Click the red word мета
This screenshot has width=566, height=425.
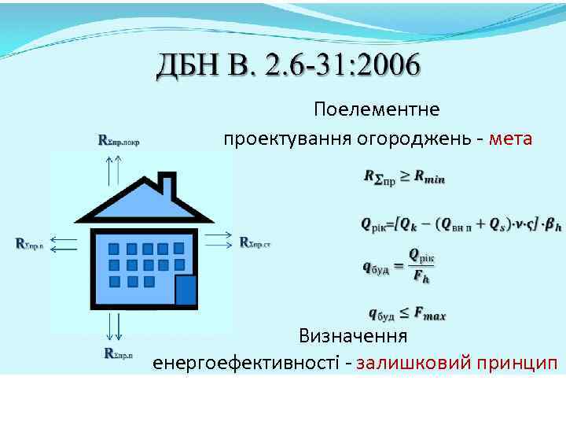[510, 139]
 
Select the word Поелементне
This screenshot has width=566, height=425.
[377, 108]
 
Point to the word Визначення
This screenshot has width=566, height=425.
[352, 337]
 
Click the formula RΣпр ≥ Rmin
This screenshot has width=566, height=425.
[404, 177]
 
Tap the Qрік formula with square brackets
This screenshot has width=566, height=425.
[461, 224]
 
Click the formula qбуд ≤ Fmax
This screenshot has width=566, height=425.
[406, 314]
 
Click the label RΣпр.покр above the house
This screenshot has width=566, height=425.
[123, 141]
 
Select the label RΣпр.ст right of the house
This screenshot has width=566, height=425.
[255, 242]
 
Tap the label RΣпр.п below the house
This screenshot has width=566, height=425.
[123, 353]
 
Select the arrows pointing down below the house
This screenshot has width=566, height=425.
[112, 326]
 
